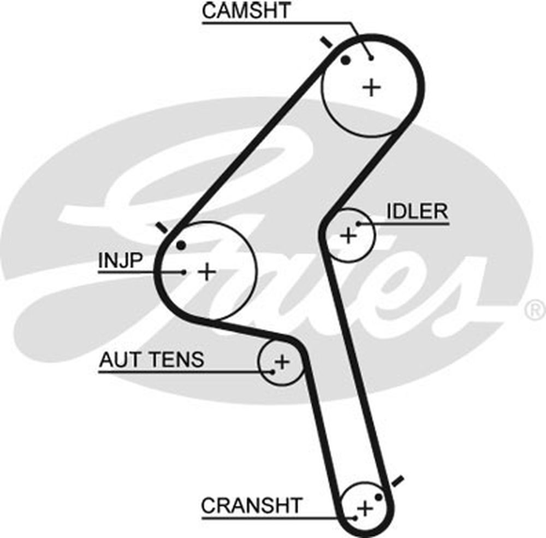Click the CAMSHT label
click(x=247, y=11)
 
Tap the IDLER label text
click(x=417, y=211)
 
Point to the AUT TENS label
click(x=151, y=359)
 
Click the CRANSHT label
click(x=251, y=506)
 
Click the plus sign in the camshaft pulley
click(x=372, y=87)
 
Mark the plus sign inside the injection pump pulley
click(x=206, y=271)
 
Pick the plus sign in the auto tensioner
click(x=281, y=361)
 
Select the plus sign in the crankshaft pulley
click(x=364, y=509)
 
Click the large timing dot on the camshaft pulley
click(x=345, y=60)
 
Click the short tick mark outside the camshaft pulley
click(x=326, y=42)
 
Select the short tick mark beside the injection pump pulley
click(x=161, y=227)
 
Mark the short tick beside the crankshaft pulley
click(x=397, y=481)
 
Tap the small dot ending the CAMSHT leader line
click(x=371, y=58)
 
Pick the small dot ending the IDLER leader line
click(x=359, y=223)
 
